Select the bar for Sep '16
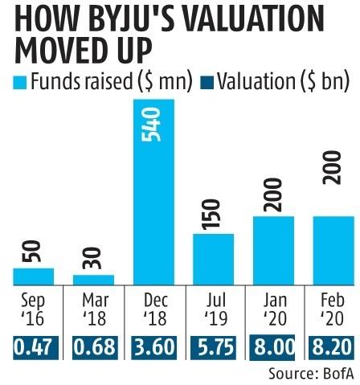[x=34, y=276]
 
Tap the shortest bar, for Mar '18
[x=94, y=279]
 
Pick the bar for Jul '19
[x=213, y=259]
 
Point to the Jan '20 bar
[x=272, y=250]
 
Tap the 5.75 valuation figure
[x=213, y=347]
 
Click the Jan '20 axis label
[x=272, y=309]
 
